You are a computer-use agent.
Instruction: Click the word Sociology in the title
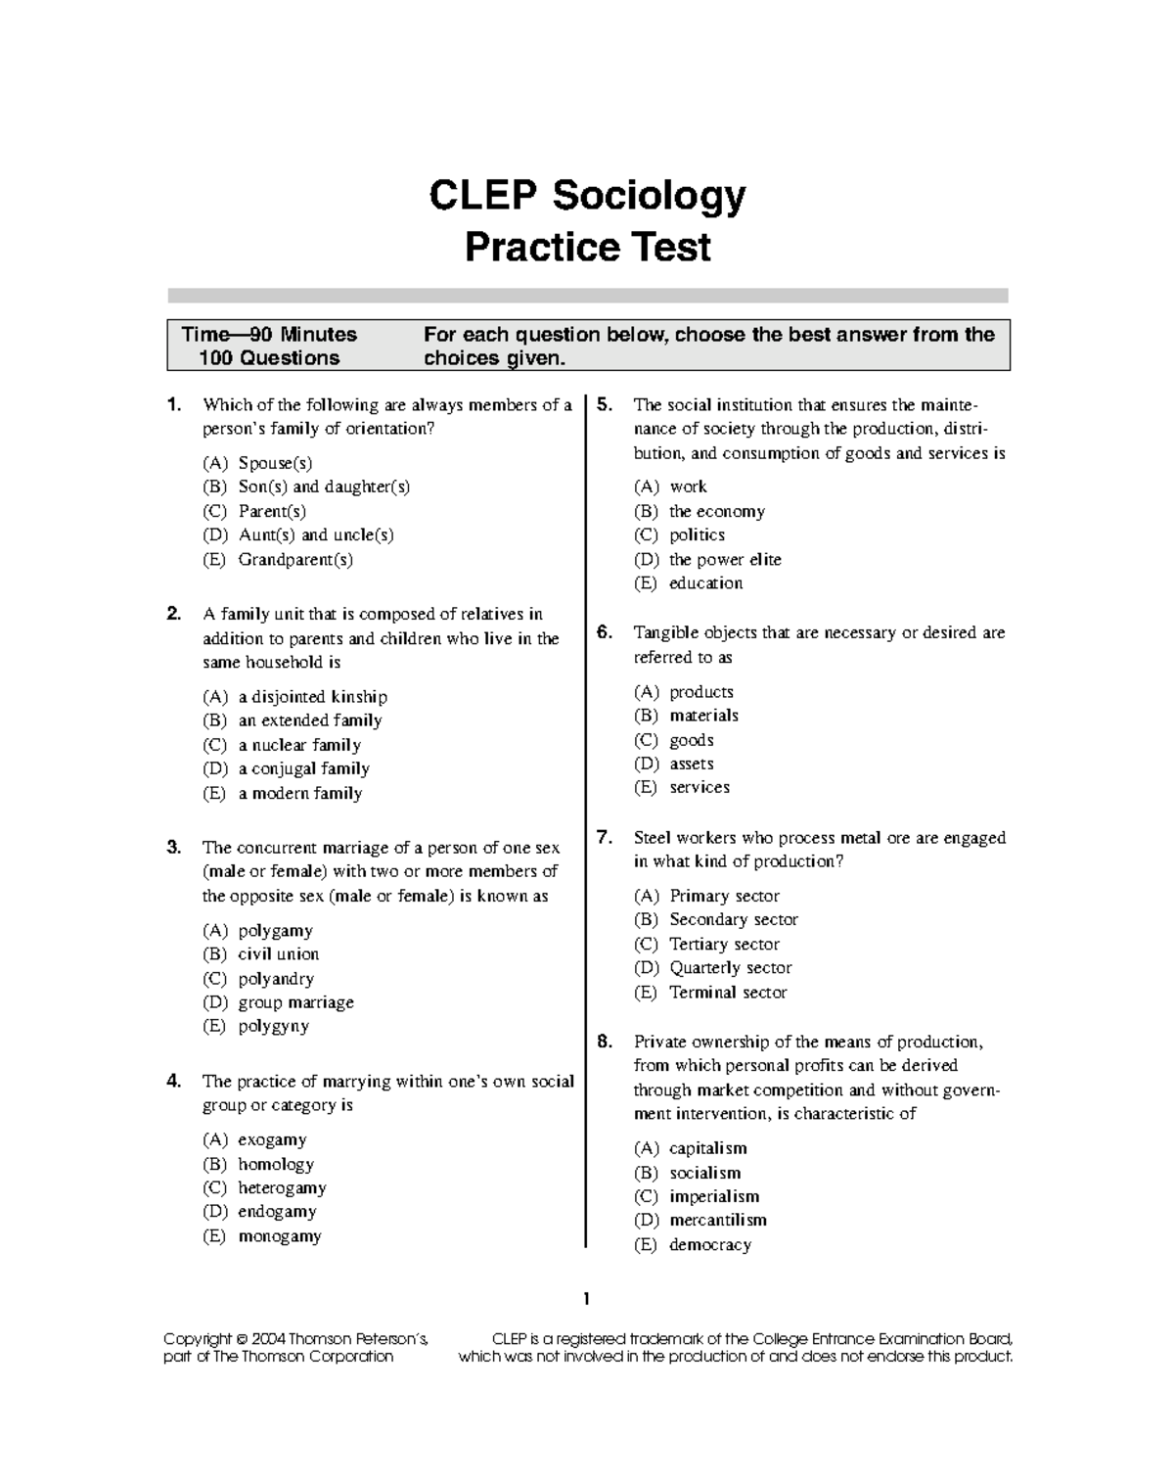(649, 198)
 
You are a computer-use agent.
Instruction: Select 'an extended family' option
(309, 720)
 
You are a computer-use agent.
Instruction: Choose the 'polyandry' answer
(276, 979)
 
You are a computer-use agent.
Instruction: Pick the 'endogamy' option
(277, 1212)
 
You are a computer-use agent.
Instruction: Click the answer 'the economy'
(716, 511)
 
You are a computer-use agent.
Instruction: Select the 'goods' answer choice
(691, 740)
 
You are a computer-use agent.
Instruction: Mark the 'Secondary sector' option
(733, 920)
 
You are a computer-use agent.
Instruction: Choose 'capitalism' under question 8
(707, 1148)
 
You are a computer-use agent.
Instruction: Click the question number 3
(173, 847)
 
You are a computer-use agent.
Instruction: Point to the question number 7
(605, 837)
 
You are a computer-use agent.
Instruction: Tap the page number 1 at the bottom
(587, 1299)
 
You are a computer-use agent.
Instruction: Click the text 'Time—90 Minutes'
(269, 335)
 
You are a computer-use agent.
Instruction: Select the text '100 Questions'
(269, 358)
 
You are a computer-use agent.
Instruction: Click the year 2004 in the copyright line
(269, 1339)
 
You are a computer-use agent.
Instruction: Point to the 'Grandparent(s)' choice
(295, 560)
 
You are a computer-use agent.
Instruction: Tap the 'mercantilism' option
(717, 1221)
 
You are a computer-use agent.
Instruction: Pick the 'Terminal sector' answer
(728, 993)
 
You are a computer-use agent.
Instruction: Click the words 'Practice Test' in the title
(587, 247)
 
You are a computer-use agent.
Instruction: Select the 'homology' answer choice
(276, 1164)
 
